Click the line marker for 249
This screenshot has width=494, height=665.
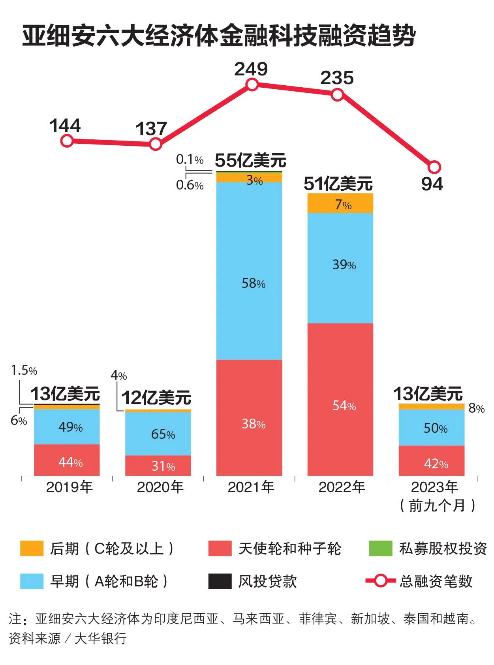tap(252, 85)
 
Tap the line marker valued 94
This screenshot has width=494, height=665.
tap(434, 167)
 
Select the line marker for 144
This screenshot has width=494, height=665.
tap(67, 141)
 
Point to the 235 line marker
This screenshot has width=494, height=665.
tap(337, 95)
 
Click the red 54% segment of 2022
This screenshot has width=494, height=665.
tap(340, 399)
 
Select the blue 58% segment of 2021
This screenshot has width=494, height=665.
tap(249, 271)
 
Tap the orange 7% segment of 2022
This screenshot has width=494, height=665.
tap(340, 203)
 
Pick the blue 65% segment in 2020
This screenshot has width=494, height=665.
tap(158, 434)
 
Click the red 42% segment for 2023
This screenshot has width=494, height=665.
tap(431, 460)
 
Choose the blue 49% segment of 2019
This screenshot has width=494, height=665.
tap(67, 426)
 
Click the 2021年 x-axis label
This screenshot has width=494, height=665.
tap(251, 487)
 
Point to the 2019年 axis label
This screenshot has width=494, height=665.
tap(69, 487)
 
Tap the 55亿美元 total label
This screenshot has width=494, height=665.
tap(250, 161)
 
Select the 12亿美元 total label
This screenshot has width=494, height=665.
tap(156, 398)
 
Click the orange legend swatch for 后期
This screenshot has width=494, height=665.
tap(32, 549)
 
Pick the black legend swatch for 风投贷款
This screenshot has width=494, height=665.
tap(220, 581)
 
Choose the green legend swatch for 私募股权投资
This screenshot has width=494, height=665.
tap(380, 549)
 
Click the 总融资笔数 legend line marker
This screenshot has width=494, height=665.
tap(380, 581)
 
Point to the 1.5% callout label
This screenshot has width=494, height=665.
tap(24, 371)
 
